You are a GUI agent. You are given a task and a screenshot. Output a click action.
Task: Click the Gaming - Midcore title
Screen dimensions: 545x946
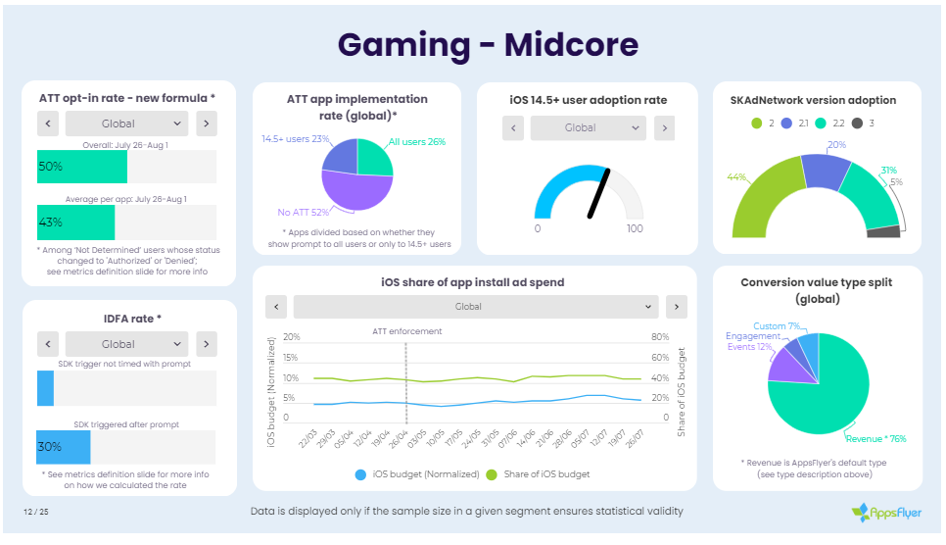pyautogui.click(x=488, y=44)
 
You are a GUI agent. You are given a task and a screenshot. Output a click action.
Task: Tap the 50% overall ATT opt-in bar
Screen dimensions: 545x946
pyautogui.click(x=82, y=167)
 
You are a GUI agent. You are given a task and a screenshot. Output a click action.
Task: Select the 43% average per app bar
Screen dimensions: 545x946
pyautogui.click(x=75, y=223)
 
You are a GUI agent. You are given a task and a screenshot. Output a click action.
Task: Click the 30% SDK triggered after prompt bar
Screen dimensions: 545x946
pyautogui.click(x=64, y=446)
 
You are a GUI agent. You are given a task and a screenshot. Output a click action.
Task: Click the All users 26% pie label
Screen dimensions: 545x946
pyautogui.click(x=416, y=142)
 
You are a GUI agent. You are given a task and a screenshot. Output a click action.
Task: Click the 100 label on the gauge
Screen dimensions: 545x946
pyautogui.click(x=634, y=228)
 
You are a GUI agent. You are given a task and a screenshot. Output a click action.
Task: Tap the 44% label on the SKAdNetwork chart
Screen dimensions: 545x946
pyautogui.click(x=736, y=177)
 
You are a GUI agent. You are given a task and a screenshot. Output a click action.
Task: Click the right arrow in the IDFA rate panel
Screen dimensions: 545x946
pyautogui.click(x=206, y=344)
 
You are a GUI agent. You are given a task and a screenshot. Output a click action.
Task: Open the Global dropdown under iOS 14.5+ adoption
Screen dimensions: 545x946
pyautogui.click(x=588, y=127)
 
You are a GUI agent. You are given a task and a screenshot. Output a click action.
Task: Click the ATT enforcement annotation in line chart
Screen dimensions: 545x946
pyautogui.click(x=407, y=331)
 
